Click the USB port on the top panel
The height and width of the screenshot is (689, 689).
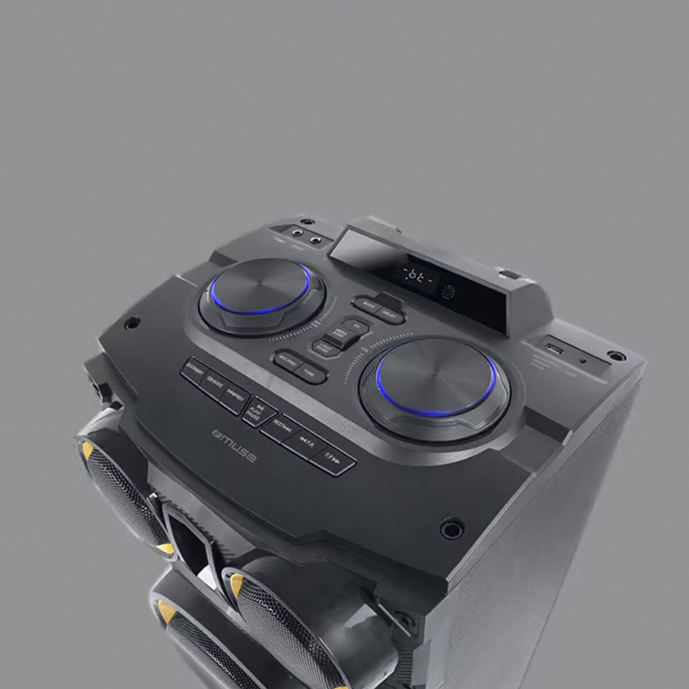553,348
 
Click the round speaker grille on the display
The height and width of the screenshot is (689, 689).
447,291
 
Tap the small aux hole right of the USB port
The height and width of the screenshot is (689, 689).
584,361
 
